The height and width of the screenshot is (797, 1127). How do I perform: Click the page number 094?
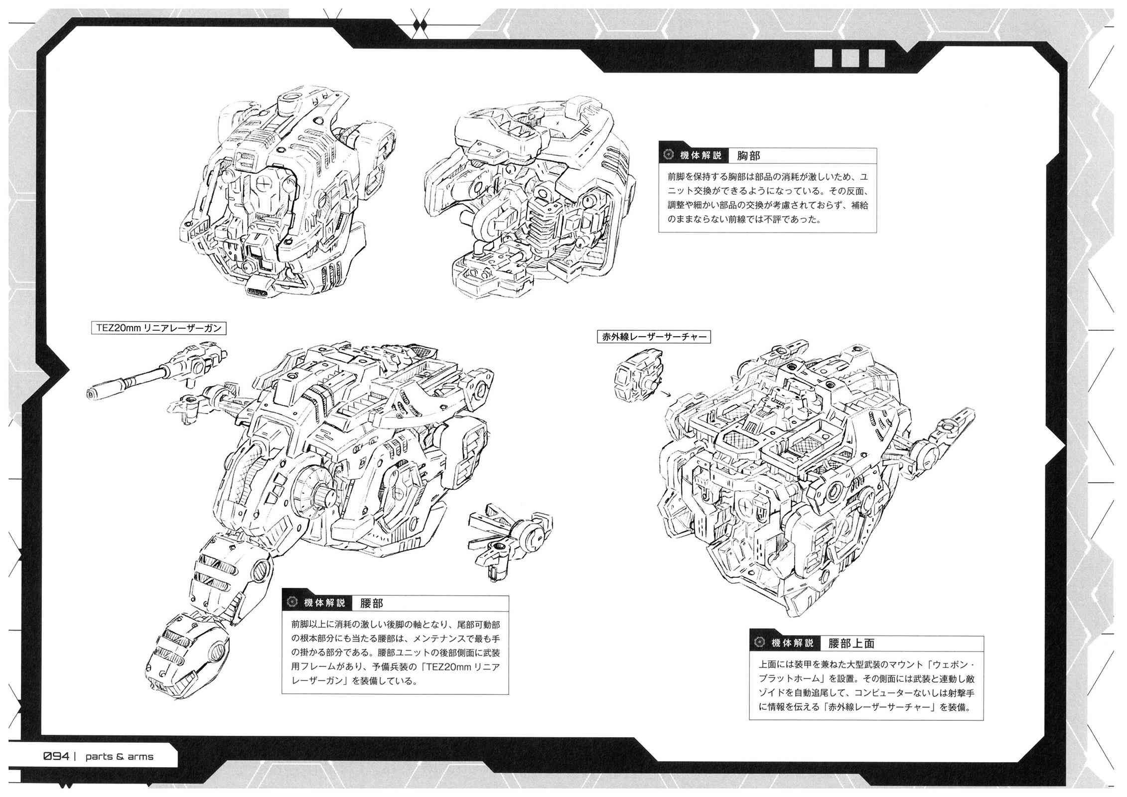pos(56,756)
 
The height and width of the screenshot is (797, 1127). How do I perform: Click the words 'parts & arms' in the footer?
pos(119,757)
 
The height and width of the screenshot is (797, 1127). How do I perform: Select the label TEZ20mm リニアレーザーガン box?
pos(156,328)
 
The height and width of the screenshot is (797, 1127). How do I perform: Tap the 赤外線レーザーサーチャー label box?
pos(654,336)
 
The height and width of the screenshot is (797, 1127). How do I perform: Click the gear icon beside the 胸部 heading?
pos(669,155)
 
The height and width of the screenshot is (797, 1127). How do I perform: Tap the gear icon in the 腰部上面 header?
pos(759,643)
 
